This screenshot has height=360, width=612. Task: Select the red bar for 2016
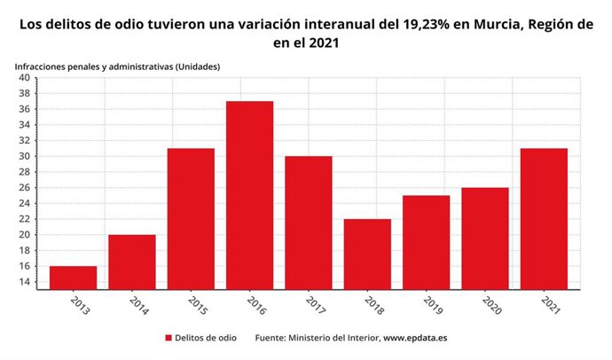[x=249, y=195]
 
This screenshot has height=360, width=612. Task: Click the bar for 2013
[x=74, y=277]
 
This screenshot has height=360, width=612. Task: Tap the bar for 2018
[x=367, y=254]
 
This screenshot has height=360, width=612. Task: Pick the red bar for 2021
[x=544, y=218]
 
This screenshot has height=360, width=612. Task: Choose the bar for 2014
[x=132, y=262]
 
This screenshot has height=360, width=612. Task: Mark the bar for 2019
[x=426, y=242]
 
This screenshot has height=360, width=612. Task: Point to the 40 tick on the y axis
[x=24, y=78]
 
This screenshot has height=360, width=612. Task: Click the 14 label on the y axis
[x=24, y=282]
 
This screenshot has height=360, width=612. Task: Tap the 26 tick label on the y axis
[x=24, y=188]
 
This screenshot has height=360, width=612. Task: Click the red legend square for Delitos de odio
[x=168, y=338]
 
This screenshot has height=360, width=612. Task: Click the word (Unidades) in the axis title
[x=192, y=67]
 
